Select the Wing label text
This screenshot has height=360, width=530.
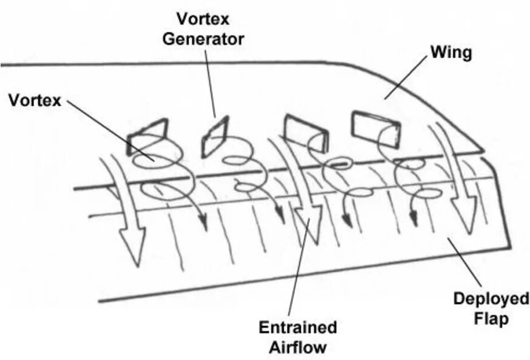click(451, 53)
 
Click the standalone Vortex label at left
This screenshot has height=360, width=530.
click(35, 100)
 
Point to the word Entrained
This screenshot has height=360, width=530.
click(298, 328)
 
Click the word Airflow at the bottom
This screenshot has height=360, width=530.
click(298, 348)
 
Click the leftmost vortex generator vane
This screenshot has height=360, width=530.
click(147, 136)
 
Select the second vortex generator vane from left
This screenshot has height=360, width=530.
click(214, 135)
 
